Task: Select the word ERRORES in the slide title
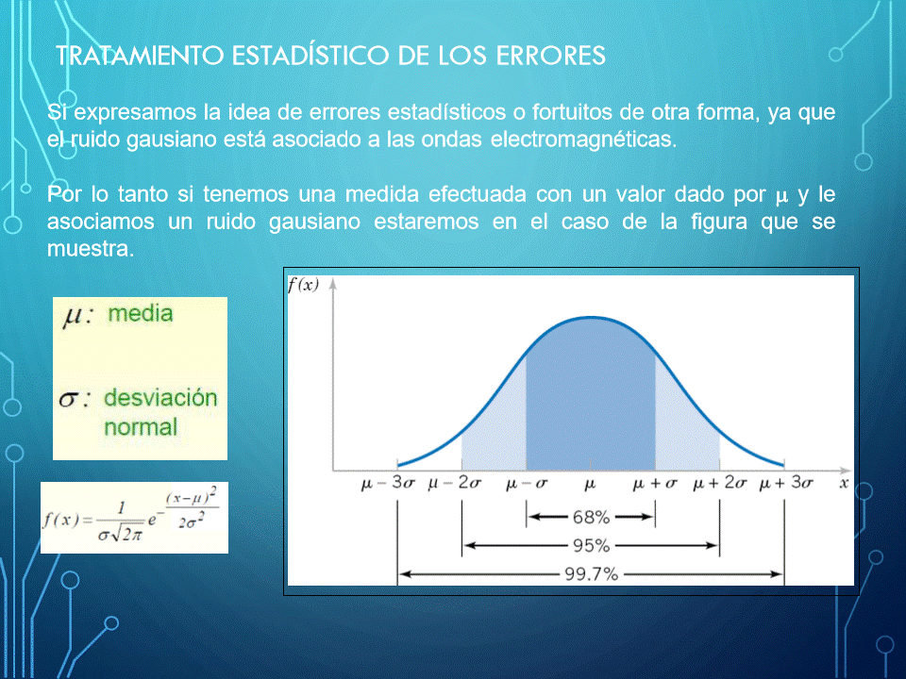pyautogui.click(x=550, y=56)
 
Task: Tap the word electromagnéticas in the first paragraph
pyautogui.click(x=583, y=140)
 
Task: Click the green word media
pyautogui.click(x=141, y=313)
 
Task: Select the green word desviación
pyautogui.click(x=160, y=398)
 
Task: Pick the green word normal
pyautogui.click(x=141, y=427)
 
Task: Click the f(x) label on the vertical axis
pyautogui.click(x=303, y=285)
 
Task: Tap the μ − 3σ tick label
pyautogui.click(x=388, y=483)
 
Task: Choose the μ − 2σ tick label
pyautogui.click(x=454, y=483)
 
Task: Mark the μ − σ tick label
pyautogui.click(x=526, y=483)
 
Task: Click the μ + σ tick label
pyautogui.click(x=655, y=483)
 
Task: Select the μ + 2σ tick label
pyautogui.click(x=719, y=483)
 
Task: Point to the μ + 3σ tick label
pyautogui.click(x=786, y=483)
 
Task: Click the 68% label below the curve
pyautogui.click(x=591, y=517)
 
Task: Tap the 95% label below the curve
pyautogui.click(x=591, y=546)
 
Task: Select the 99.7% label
pyautogui.click(x=591, y=574)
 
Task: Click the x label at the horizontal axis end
pyautogui.click(x=844, y=483)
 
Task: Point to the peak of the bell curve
pyautogui.click(x=591, y=317)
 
